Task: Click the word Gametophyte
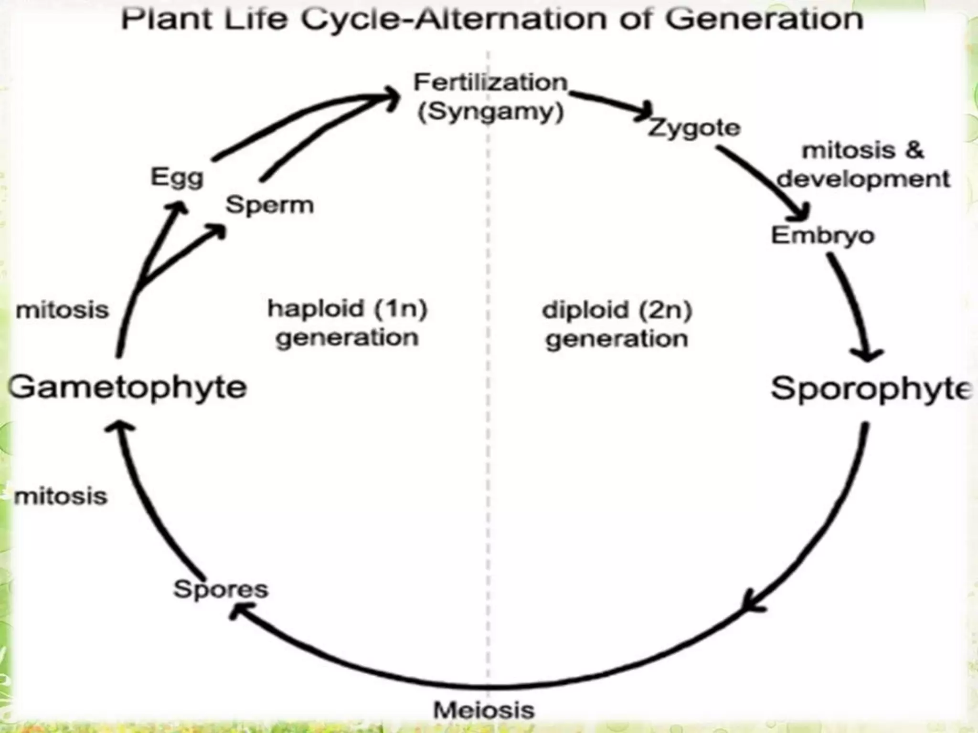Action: click(128, 387)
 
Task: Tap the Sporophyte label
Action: click(871, 389)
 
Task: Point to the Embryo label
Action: click(823, 235)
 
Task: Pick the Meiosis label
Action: click(484, 710)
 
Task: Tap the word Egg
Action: click(177, 178)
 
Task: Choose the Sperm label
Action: click(270, 205)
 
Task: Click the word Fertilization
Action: click(490, 83)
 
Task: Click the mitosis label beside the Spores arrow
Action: click(61, 497)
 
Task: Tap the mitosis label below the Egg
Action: click(63, 310)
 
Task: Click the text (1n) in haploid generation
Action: click(401, 309)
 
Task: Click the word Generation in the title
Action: click(765, 19)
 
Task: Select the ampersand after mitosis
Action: click(914, 150)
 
